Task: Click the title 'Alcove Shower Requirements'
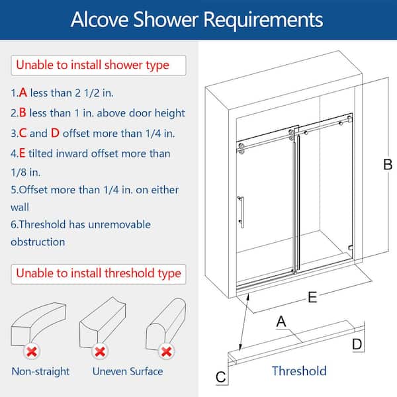(x=197, y=19)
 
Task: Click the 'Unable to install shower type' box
(x=99, y=66)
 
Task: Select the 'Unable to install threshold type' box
(x=99, y=274)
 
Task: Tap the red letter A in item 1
(x=22, y=93)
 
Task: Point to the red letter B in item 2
(x=22, y=112)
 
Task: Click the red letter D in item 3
(x=55, y=133)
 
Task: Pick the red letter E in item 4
(x=22, y=154)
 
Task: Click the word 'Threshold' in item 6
(x=42, y=224)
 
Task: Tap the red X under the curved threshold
(x=32, y=352)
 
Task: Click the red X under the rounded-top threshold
(x=166, y=352)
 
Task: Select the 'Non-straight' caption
(x=40, y=371)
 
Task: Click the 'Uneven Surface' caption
(x=128, y=371)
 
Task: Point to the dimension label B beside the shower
(x=388, y=165)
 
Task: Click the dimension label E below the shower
(x=312, y=297)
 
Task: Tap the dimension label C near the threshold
(x=220, y=377)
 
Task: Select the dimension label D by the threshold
(x=357, y=344)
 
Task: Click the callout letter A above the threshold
(x=281, y=322)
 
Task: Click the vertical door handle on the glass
(x=241, y=212)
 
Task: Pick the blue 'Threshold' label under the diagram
(x=299, y=371)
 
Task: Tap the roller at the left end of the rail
(x=242, y=146)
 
